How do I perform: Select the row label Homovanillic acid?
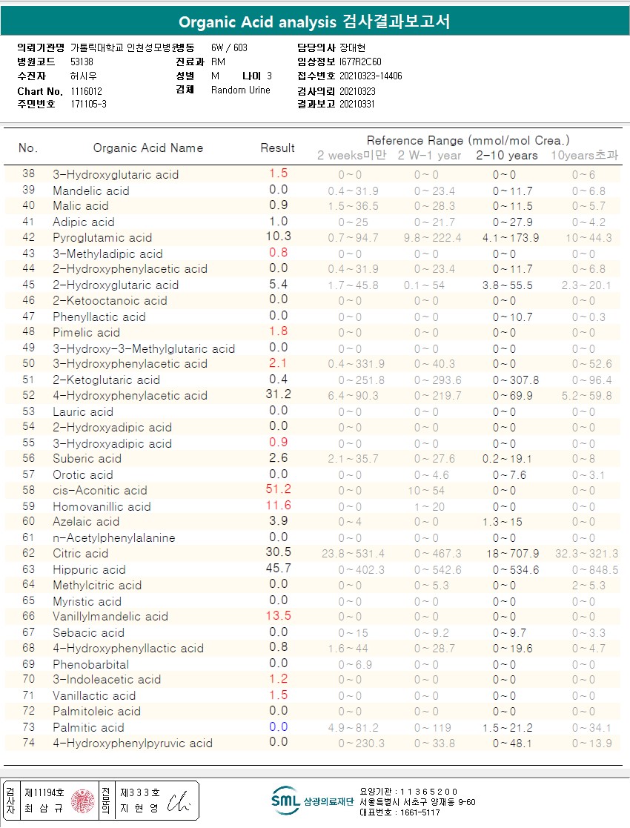click(102, 506)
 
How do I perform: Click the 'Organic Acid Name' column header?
click(147, 148)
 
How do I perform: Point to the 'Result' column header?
click(277, 148)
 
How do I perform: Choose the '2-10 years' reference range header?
click(507, 156)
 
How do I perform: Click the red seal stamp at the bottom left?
click(82, 801)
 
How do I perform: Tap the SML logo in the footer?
click(285, 800)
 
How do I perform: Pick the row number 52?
click(28, 395)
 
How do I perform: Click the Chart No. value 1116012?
click(87, 91)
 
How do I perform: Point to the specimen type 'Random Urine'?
click(241, 90)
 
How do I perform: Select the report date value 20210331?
click(357, 104)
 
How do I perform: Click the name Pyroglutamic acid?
click(102, 237)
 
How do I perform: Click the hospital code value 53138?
click(82, 62)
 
